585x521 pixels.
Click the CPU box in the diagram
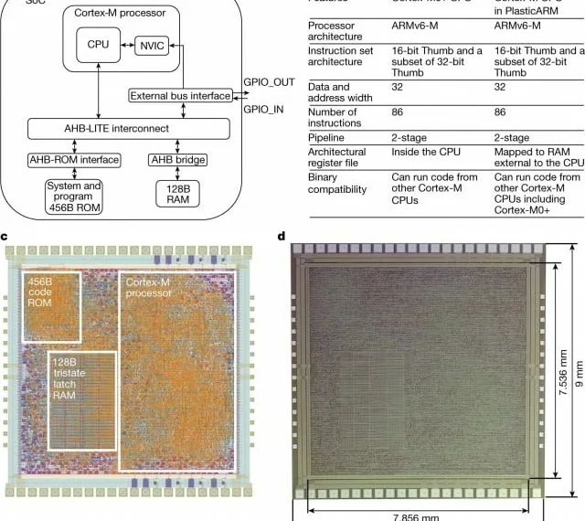tap(98, 45)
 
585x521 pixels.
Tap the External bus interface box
tap(180, 96)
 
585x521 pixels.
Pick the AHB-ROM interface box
tap(74, 160)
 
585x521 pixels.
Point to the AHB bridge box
tap(177, 160)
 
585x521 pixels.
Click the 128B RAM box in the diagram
tap(177, 195)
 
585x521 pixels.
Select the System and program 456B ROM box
tap(74, 195)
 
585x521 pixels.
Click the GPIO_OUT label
tap(270, 82)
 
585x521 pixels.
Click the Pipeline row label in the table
tap(329, 133)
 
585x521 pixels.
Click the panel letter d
tap(282, 237)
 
